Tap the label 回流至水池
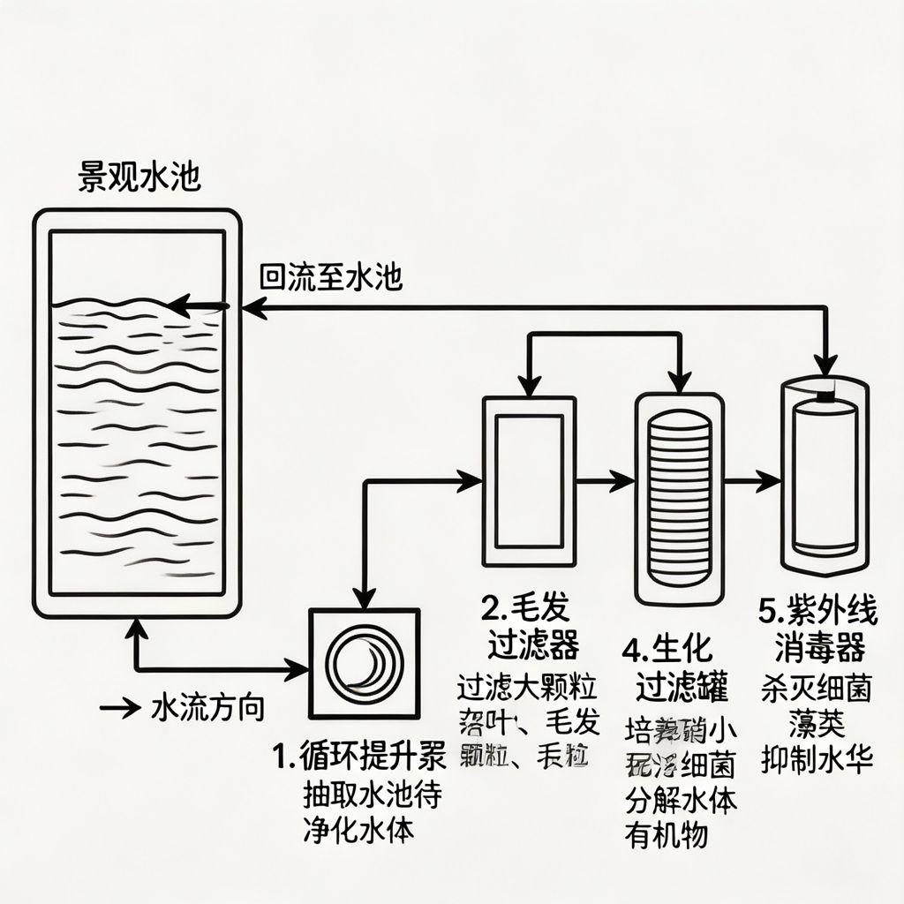(x=331, y=278)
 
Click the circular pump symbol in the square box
(x=365, y=663)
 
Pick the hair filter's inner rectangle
(x=529, y=481)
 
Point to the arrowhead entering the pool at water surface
(x=181, y=306)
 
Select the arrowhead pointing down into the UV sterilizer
(x=825, y=364)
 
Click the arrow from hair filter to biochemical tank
(x=606, y=481)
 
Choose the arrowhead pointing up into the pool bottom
(x=136, y=629)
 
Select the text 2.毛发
(x=525, y=607)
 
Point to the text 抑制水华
(x=817, y=758)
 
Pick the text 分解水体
(x=680, y=802)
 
